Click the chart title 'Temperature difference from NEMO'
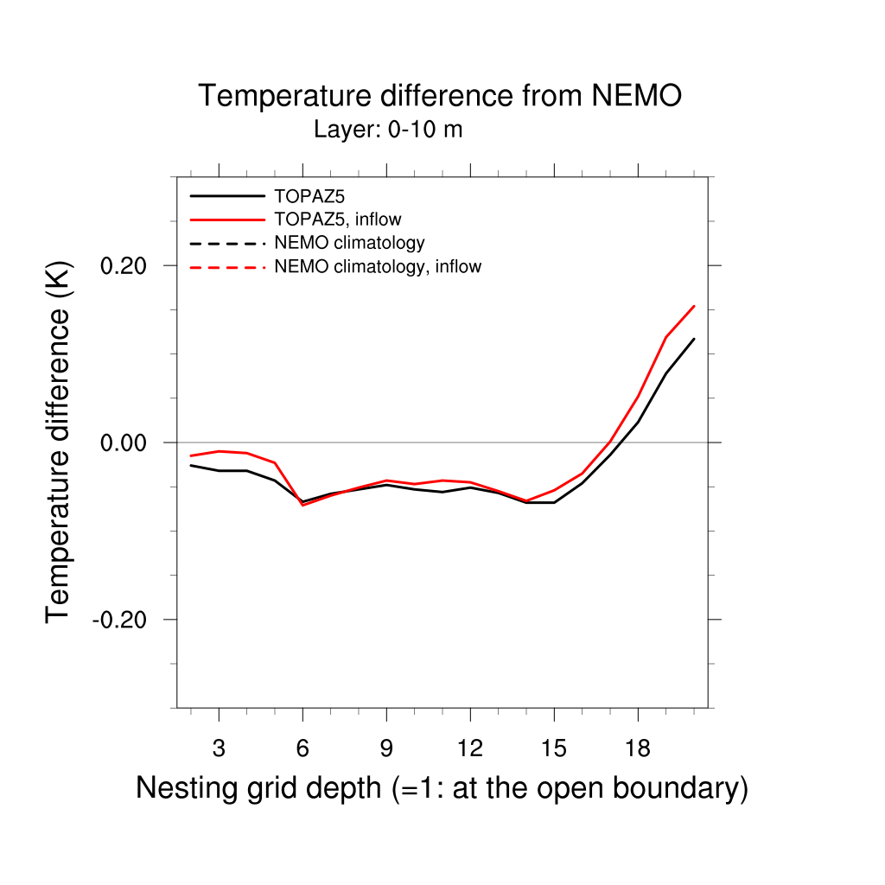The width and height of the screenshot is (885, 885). pyautogui.click(x=440, y=96)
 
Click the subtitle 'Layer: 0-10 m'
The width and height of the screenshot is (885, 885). pyautogui.click(x=388, y=131)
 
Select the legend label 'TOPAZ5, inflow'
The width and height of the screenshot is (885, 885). pyautogui.click(x=338, y=220)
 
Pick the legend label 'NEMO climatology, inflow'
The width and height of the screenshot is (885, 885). pyautogui.click(x=378, y=266)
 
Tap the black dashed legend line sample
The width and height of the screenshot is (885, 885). pyautogui.click(x=227, y=243)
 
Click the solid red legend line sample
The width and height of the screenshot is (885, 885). pyautogui.click(x=227, y=220)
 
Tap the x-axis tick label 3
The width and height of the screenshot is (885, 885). pyautogui.click(x=219, y=748)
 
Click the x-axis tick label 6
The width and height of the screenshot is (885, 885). pyautogui.click(x=302, y=748)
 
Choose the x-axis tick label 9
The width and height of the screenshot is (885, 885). pyautogui.click(x=386, y=748)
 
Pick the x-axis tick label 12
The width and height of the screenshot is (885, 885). pyautogui.click(x=469, y=748)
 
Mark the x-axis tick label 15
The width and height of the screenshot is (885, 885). pyautogui.click(x=553, y=748)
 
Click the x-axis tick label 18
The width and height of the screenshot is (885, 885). pyautogui.click(x=637, y=748)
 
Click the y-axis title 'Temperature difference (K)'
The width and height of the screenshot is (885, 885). pyautogui.click(x=58, y=442)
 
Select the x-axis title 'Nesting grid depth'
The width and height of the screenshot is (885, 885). pyautogui.click(x=442, y=788)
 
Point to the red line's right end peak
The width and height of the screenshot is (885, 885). pyautogui.click(x=694, y=306)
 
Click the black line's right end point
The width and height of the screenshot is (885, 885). pyautogui.click(x=694, y=339)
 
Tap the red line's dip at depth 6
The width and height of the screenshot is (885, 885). pyautogui.click(x=302, y=505)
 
